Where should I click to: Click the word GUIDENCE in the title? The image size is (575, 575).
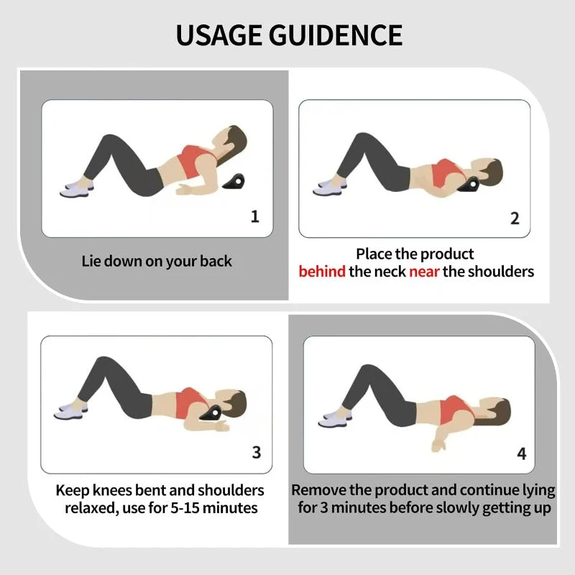336,34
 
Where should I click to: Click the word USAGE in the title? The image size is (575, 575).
219,34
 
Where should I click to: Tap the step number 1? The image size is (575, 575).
255,216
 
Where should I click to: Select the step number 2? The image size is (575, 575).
515,218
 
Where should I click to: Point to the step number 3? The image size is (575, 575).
257,452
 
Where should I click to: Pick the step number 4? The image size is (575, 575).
522,454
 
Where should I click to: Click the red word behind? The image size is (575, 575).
322,272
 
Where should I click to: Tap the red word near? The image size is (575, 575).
424,272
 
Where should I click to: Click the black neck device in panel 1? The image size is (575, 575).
234,182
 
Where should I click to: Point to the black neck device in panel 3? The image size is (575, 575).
211,413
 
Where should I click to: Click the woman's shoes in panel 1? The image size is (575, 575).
76,188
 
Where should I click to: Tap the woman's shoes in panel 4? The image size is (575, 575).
334,419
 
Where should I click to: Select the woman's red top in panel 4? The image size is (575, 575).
456,410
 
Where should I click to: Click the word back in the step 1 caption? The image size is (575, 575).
216,261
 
